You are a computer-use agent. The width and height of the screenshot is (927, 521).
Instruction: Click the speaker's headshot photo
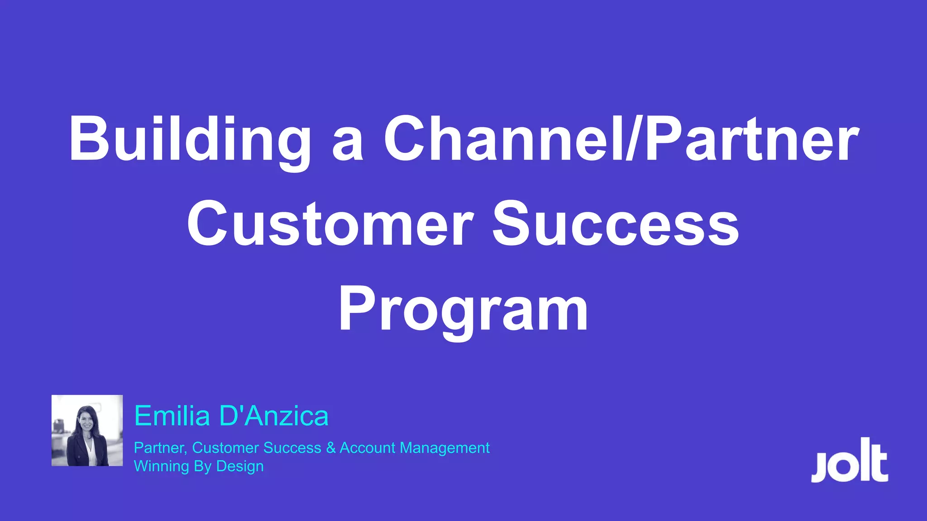[87, 430]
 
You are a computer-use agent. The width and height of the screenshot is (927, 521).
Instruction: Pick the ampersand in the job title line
[330, 448]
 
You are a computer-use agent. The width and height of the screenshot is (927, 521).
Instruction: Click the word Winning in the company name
[161, 466]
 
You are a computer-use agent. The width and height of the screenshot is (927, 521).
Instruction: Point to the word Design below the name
[240, 466]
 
